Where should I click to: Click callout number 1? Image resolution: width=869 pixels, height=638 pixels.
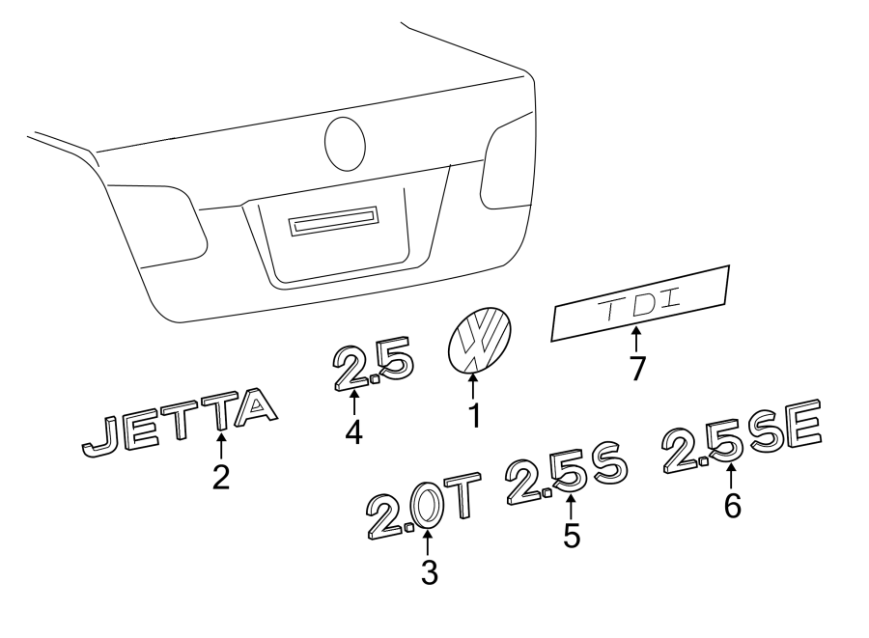coord(473,417)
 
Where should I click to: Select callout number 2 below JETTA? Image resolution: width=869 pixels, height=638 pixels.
coord(221,477)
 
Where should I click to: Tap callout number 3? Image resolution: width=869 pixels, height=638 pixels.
coord(429,572)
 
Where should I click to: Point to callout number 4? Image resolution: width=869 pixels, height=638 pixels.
coord(354,430)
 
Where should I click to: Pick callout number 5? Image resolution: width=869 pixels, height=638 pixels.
coord(573,535)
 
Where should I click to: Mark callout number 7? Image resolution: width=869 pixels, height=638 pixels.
coord(636,368)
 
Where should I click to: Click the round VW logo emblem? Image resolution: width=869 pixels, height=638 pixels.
coord(480,339)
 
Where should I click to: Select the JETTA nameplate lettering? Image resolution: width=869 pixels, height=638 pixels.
coord(179,422)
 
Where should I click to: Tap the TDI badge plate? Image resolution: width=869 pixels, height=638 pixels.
coord(639,303)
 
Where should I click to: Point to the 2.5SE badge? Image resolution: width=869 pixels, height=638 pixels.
coord(742,437)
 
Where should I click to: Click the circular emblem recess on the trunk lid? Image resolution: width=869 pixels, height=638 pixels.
coord(345,143)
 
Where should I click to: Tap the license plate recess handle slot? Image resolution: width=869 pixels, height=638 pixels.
coord(332,224)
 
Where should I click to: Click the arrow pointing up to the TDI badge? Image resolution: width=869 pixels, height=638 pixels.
coord(636,340)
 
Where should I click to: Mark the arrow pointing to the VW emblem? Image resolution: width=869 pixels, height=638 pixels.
coord(473,386)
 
